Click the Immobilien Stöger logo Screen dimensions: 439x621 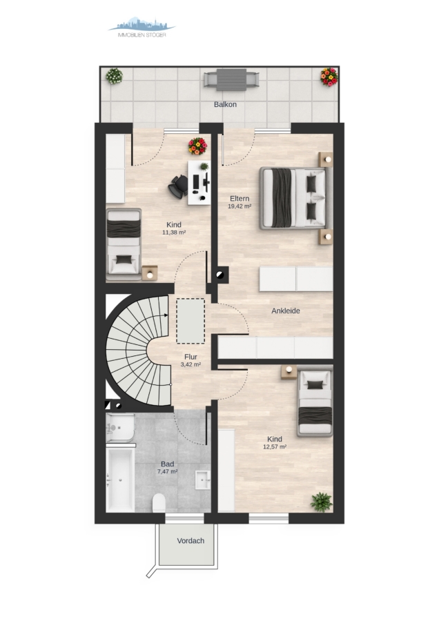coord(142,28)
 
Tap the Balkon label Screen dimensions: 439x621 coord(225,105)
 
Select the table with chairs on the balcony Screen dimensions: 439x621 coord(231,79)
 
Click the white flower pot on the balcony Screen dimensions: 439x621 coord(114,76)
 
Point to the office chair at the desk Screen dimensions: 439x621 coord(178,186)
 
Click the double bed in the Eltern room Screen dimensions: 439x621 coord(293,199)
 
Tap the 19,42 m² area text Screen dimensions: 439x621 coord(240,206)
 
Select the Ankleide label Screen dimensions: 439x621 coord(285,311)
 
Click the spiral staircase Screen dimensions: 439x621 coord(138,351)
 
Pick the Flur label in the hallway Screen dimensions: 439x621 coord(191,357)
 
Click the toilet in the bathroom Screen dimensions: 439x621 coord(159,503)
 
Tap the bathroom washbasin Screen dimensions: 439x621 coord(203,481)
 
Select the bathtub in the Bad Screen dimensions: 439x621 coord(120,480)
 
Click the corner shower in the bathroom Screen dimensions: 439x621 coord(120,428)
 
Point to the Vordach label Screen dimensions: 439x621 coord(191,540)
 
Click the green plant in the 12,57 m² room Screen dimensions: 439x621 coord(321,502)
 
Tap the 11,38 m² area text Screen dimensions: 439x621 coord(174,233)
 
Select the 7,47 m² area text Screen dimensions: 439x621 coord(167,472)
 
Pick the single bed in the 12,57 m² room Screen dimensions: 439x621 coord(315,403)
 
